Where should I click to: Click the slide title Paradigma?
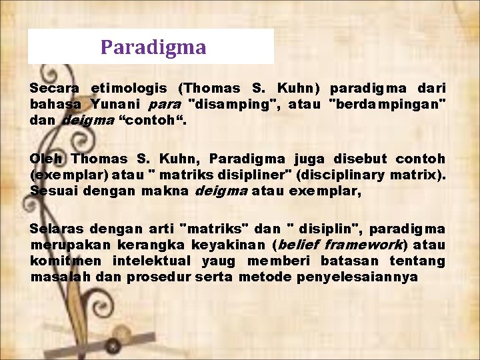(x=153, y=48)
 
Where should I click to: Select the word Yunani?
(x=115, y=104)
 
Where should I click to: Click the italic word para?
(x=164, y=104)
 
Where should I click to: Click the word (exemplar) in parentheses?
(x=63, y=175)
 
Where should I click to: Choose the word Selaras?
(x=56, y=229)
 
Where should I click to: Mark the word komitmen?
(x=66, y=261)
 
